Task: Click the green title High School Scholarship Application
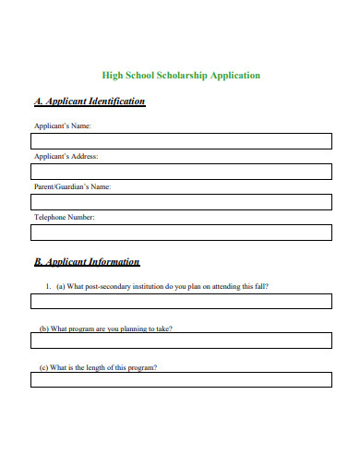180,75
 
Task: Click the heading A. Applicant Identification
90,102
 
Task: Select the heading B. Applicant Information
87,261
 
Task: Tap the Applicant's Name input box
181,140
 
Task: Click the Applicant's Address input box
181,171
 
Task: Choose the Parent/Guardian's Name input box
181,201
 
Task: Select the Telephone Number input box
181,232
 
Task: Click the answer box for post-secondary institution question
181,301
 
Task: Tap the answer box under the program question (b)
181,341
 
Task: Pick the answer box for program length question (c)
181,379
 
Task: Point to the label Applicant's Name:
63,125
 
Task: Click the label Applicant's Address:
66,156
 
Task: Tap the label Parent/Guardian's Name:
72,186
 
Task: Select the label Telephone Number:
64,217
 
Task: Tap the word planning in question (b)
133,329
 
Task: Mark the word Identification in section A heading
115,102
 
